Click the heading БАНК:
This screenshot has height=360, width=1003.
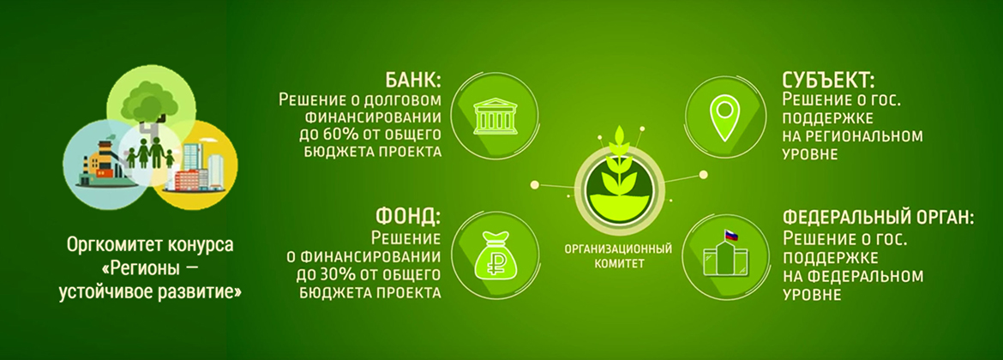(x=412, y=81)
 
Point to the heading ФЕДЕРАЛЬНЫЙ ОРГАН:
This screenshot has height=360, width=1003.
(x=878, y=218)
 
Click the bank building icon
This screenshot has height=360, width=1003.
(x=495, y=116)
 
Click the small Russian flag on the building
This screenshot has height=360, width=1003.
(x=730, y=236)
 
